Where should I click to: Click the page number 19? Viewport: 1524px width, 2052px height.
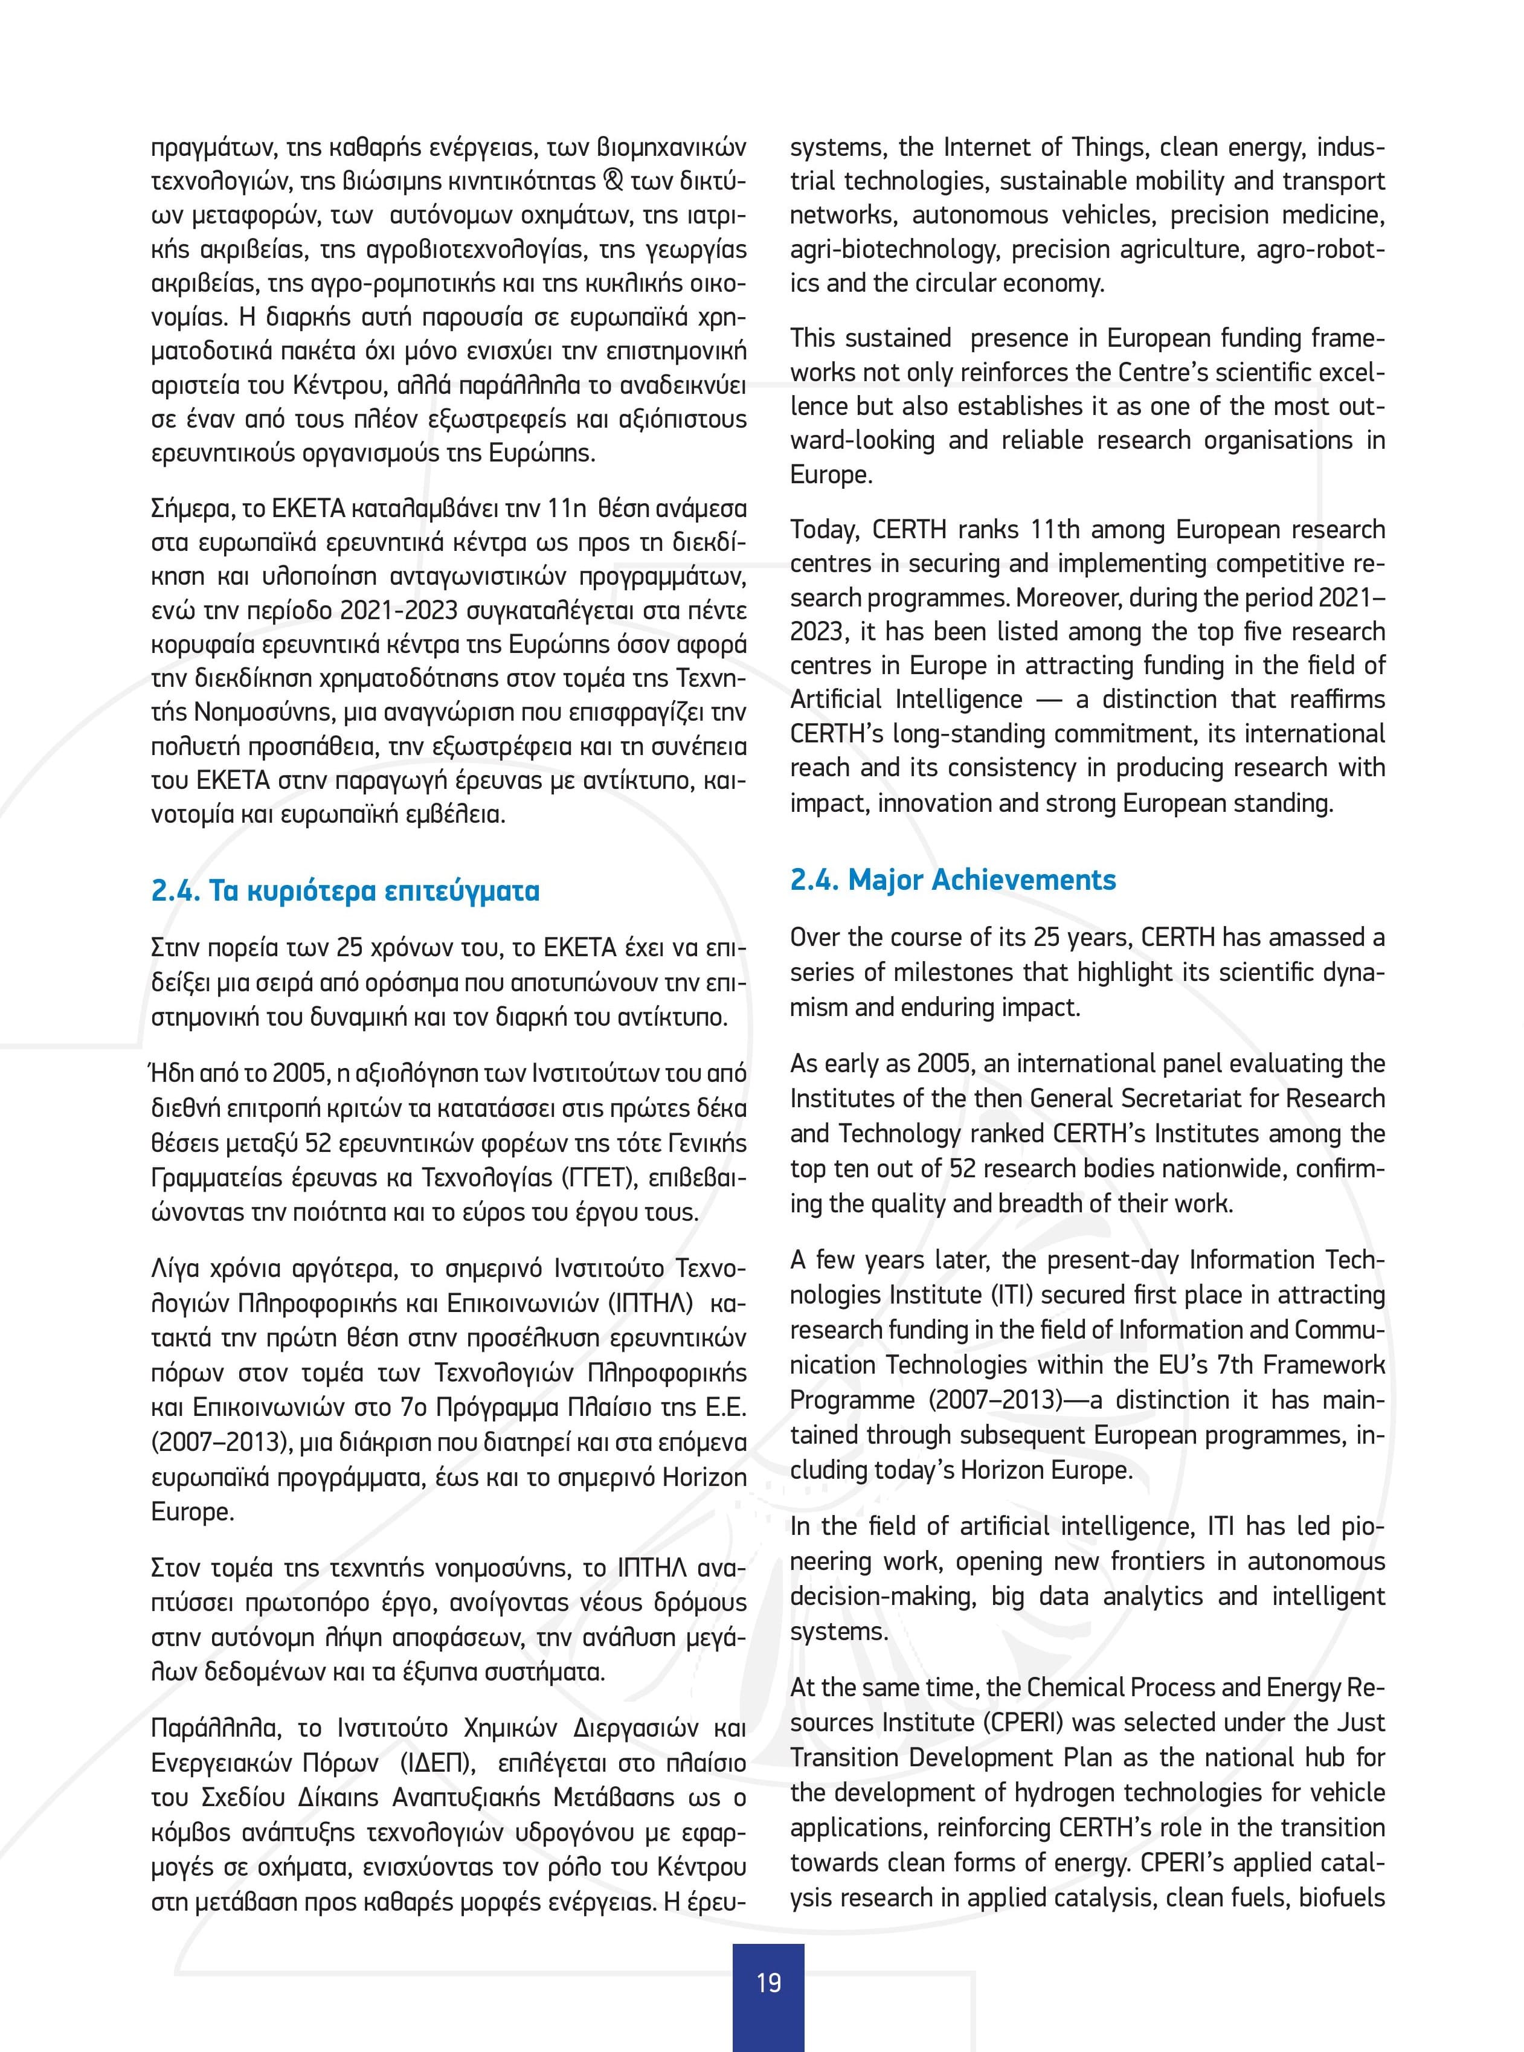click(x=768, y=1982)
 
